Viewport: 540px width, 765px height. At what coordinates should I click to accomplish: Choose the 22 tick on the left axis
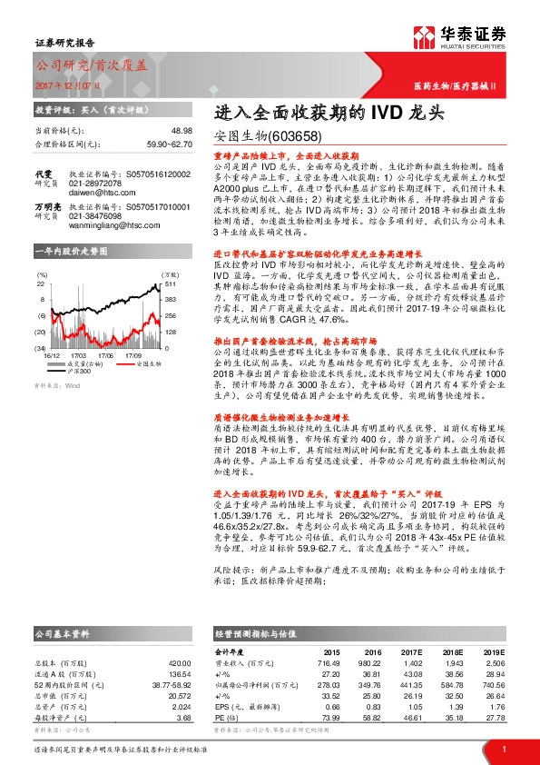pos(41,283)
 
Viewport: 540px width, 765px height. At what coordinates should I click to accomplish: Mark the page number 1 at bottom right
pos(503,749)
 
